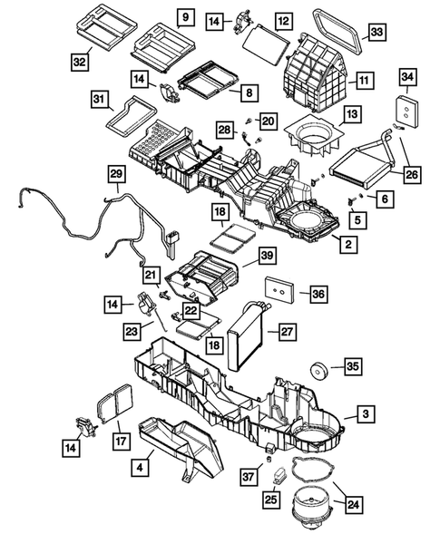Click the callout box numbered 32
click(x=82, y=61)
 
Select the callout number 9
click(x=184, y=17)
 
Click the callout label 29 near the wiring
click(x=115, y=173)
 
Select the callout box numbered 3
click(x=365, y=414)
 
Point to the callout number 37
click(x=247, y=477)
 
